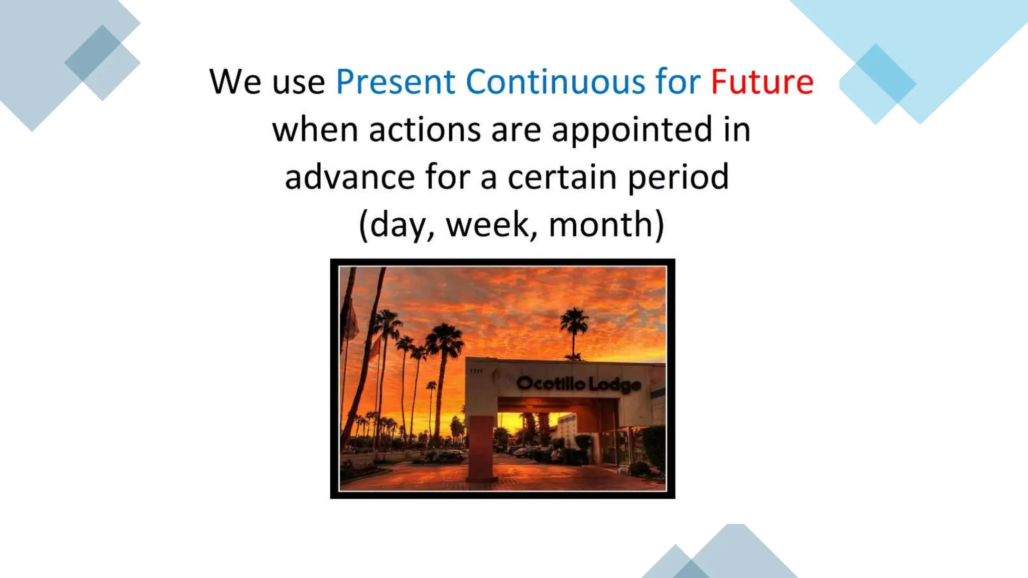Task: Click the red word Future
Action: pyautogui.click(x=761, y=82)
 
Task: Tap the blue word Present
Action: pyautogui.click(x=395, y=82)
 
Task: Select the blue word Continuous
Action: pyautogui.click(x=555, y=82)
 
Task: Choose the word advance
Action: pyautogui.click(x=349, y=177)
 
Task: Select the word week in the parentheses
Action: pyautogui.click(x=487, y=225)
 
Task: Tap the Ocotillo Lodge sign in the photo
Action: pyautogui.click(x=578, y=384)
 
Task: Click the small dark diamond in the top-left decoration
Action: pyautogui.click(x=93, y=53)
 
